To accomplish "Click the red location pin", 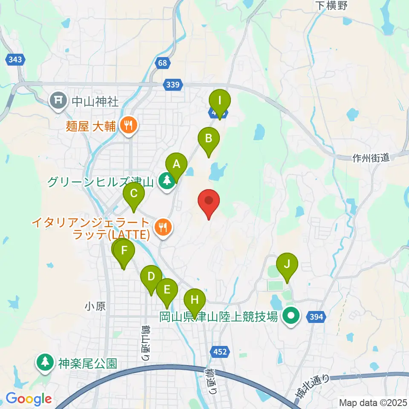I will pos(209,201).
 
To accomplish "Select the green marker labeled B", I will pos(209,139).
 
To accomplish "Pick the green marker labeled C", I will pos(134,195).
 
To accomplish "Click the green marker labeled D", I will pos(151,277).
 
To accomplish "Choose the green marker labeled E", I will pos(167,291).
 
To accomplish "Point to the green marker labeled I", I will pos(220,101).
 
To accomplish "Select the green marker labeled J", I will pos(287,265).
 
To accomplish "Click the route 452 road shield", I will pos(220,351).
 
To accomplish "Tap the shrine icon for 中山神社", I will pos(58,101).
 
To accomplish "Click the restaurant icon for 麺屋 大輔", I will pos(128,125).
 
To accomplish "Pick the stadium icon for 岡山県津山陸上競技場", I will pos(291,316).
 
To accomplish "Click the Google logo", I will pos(29,399).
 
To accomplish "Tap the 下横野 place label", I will pos(332,6).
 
